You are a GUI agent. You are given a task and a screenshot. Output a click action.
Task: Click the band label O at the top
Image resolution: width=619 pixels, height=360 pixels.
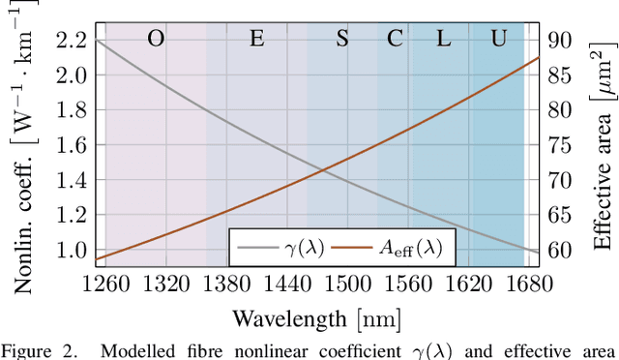[x=155, y=39]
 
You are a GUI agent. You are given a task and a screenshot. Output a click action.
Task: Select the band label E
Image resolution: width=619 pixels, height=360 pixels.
[x=256, y=39]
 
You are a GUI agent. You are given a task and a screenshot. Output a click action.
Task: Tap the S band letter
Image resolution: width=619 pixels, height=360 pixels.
[x=342, y=39]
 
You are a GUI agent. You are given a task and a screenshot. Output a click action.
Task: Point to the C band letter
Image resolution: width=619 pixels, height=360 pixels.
[x=395, y=39]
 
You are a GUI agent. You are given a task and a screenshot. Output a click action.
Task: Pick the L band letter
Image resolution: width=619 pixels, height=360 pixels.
[x=443, y=39]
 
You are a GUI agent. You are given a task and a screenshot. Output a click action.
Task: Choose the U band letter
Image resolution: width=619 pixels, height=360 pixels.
[x=498, y=39]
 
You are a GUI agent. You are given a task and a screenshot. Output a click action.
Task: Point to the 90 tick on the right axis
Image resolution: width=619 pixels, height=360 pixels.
[x=561, y=40]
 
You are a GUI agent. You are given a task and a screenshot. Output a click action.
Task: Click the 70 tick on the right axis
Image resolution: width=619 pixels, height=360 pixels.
[x=561, y=180]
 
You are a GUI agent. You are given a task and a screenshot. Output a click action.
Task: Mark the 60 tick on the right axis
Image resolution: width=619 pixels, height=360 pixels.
[x=561, y=251]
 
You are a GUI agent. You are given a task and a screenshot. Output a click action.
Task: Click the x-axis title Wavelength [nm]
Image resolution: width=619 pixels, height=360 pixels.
[x=316, y=317]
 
